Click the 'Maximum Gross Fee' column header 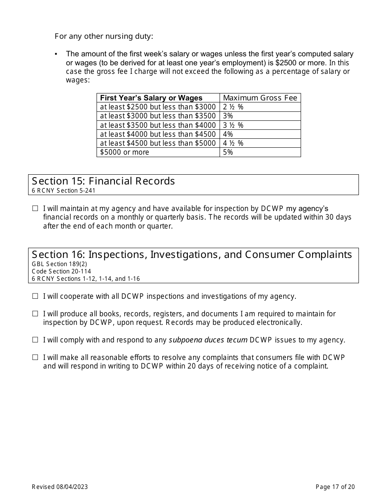(x=260, y=98)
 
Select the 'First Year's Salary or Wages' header (x=151, y=98)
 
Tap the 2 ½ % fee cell (x=233, y=107)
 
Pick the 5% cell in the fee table (x=228, y=152)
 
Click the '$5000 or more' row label (x=125, y=152)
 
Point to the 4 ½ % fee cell (x=233, y=143)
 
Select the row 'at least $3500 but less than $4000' (x=158, y=125)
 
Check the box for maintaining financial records (x=35, y=209)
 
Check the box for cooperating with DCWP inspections (x=35, y=296)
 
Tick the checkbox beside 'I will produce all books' (x=35, y=314)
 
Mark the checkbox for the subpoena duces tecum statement (x=35, y=340)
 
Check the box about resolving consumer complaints (x=35, y=358)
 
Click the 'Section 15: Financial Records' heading (x=103, y=181)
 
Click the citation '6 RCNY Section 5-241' (x=64, y=190)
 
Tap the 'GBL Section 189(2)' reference (x=59, y=264)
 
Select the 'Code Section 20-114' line (x=62, y=271)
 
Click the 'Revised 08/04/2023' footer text (x=60, y=486)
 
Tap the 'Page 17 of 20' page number (x=335, y=486)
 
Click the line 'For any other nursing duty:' (x=104, y=36)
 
